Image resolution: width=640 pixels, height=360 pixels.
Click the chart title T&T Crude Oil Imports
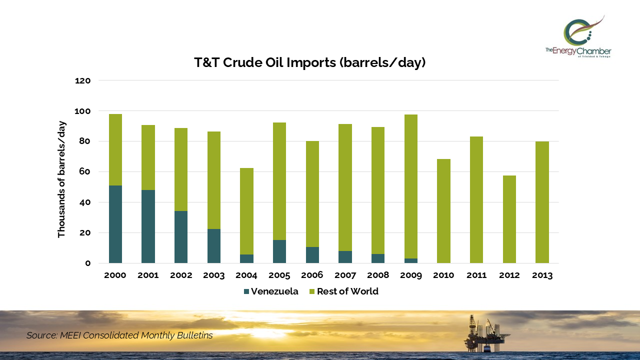coord(310,63)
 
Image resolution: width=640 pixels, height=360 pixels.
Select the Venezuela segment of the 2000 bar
coord(115,224)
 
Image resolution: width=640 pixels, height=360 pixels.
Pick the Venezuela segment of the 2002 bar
coord(181,237)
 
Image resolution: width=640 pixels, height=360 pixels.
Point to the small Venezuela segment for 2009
coord(411,260)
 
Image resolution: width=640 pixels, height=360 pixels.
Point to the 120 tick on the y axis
coord(83,80)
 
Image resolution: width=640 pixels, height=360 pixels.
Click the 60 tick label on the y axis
coord(85,172)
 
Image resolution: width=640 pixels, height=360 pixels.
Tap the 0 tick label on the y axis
coord(88,263)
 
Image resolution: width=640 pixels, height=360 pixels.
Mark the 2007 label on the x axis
coord(345,275)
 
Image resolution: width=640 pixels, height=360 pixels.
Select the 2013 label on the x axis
coord(542,275)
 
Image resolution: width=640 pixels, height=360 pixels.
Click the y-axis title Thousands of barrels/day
coord(61,179)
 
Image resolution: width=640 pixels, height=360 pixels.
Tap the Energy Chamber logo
coord(578,36)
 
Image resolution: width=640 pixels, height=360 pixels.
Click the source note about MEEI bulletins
coord(119,335)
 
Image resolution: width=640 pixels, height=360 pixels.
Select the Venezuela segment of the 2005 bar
coord(279,251)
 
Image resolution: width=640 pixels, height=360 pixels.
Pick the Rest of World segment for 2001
coord(148,157)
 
